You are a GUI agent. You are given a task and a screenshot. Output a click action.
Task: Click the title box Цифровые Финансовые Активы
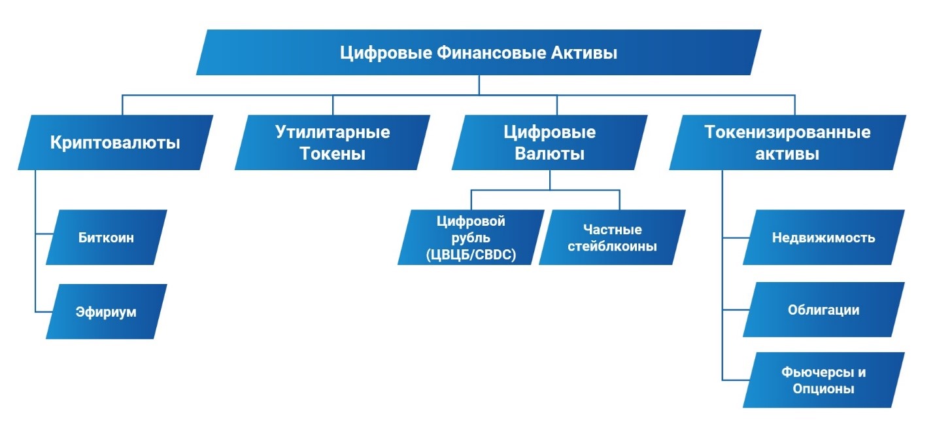(x=479, y=52)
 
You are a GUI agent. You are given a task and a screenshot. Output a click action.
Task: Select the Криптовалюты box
(x=115, y=143)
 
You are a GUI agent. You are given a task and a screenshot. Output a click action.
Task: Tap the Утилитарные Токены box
(x=332, y=143)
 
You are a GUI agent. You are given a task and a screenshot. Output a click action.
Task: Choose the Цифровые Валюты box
(x=549, y=143)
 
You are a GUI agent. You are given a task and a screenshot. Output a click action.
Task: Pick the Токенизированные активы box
(x=787, y=143)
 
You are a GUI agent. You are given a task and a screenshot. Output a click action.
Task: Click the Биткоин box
(x=106, y=238)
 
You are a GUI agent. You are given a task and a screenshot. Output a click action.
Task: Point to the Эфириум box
(x=106, y=312)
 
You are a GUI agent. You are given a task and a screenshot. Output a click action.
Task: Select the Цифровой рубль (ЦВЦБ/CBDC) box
(x=471, y=238)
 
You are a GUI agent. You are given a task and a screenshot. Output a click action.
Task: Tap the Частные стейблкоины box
(x=612, y=238)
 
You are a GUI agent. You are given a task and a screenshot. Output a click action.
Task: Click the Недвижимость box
(x=823, y=238)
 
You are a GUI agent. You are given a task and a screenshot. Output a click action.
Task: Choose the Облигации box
(x=823, y=310)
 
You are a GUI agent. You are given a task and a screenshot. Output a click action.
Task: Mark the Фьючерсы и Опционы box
(x=823, y=380)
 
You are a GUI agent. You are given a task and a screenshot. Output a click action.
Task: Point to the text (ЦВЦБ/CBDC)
(x=471, y=254)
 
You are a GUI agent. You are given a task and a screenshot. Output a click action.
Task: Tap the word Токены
(x=332, y=154)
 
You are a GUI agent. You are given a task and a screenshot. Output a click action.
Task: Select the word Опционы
(x=823, y=389)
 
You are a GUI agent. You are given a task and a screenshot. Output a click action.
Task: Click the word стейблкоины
(x=612, y=247)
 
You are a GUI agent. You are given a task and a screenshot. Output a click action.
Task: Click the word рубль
(x=471, y=238)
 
